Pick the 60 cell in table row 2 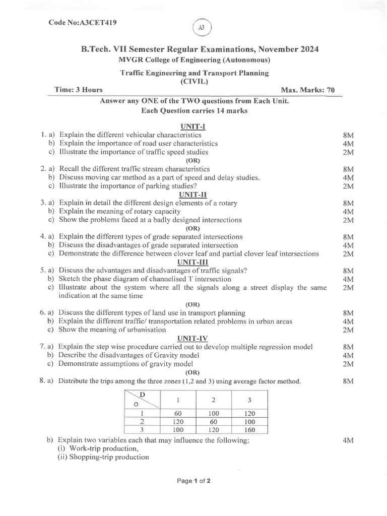pos(214,422)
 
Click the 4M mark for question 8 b pos(348,440)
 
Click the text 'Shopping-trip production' pos(103,457)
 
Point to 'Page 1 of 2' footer pos(193,481)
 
